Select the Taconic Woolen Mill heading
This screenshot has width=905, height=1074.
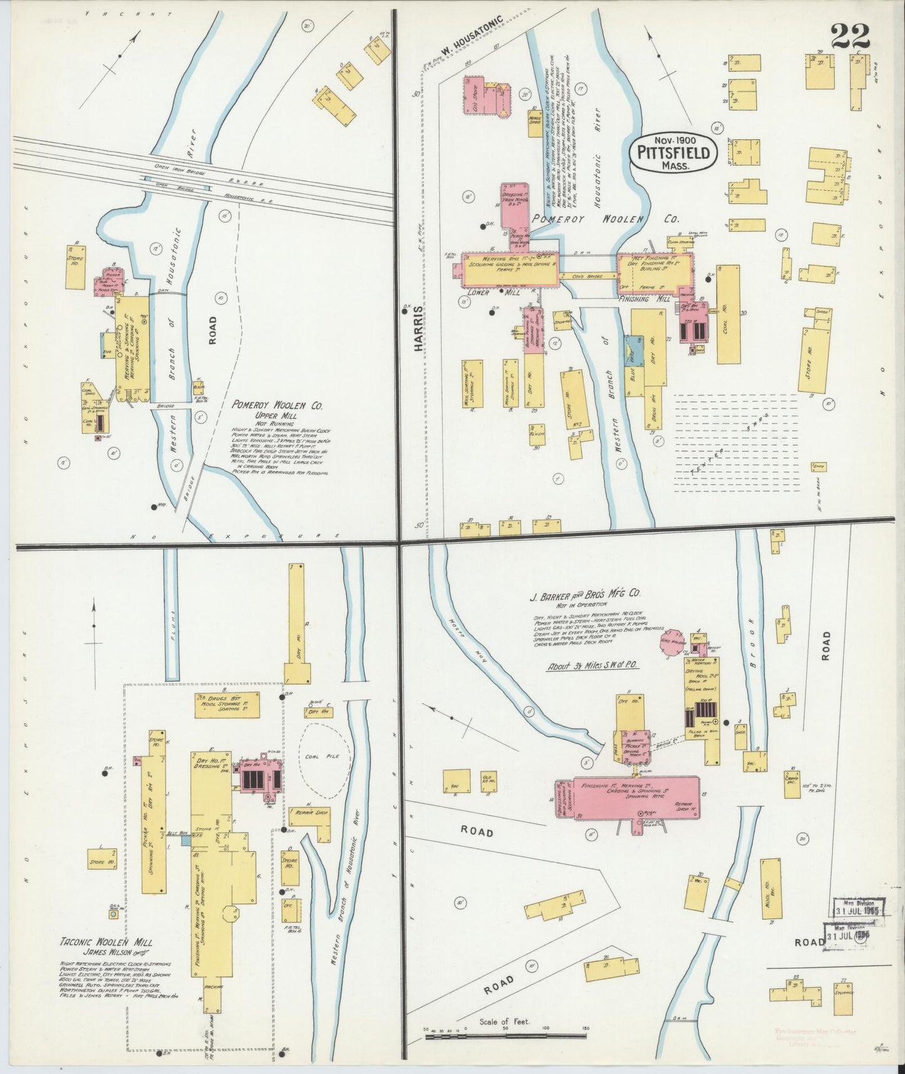[106, 942]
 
